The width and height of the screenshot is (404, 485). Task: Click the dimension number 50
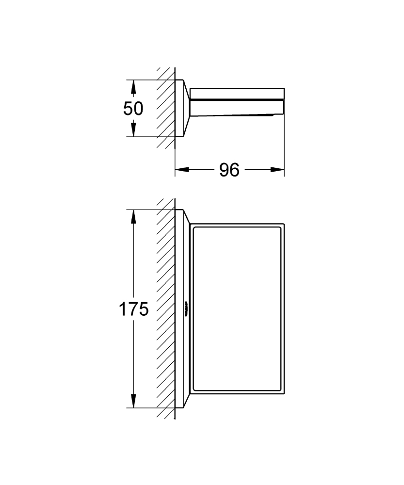[133, 109]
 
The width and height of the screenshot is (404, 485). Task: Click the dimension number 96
[229, 170]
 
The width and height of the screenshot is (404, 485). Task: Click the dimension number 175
[134, 309]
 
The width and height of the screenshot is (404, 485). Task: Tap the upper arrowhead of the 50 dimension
[133, 87]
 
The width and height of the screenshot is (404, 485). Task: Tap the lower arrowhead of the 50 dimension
[133, 129]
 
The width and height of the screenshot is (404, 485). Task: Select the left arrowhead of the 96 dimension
[182, 169]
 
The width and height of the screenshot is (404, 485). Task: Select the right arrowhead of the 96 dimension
[277, 169]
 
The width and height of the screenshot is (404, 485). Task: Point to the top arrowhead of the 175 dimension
[133, 216]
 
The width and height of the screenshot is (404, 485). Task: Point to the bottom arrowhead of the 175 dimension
[133, 401]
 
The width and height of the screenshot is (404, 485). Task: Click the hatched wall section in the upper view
[166, 108]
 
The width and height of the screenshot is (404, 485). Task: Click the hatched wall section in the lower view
[166, 308]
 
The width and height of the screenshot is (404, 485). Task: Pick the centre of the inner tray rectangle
[237, 308]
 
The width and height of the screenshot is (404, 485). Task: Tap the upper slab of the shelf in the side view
[237, 94]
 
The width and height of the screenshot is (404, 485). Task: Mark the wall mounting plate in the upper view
[182, 108]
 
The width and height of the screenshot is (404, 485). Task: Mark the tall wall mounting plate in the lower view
[182, 308]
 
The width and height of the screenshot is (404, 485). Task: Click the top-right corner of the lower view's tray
[284, 224]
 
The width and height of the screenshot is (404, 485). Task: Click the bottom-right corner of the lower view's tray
[284, 394]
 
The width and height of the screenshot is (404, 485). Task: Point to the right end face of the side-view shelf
[284, 101]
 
